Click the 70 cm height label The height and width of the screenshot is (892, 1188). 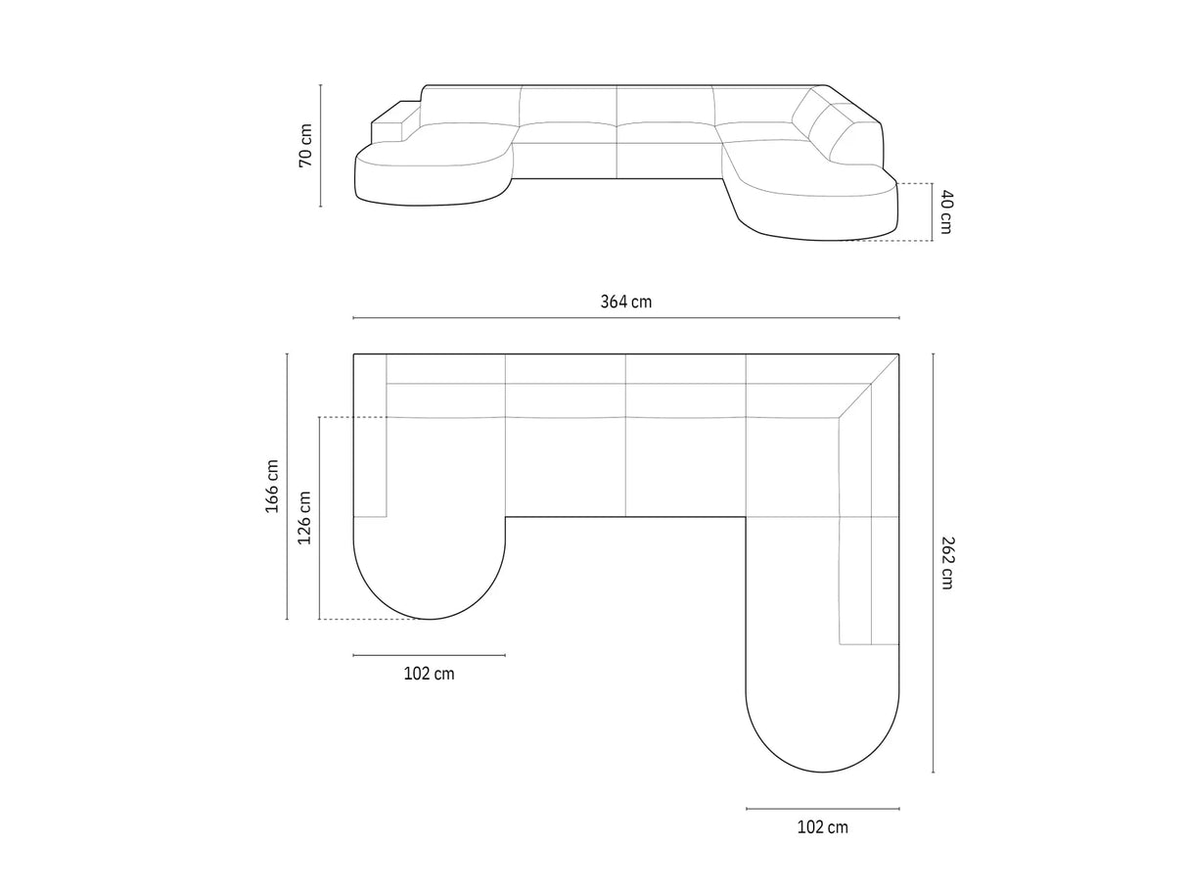pyautogui.click(x=305, y=146)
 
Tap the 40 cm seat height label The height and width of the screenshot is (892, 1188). pyautogui.click(x=944, y=211)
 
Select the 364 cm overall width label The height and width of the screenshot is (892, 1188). pyautogui.click(x=625, y=302)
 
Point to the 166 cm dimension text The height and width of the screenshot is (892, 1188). pyautogui.click(x=272, y=486)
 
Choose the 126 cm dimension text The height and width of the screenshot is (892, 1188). pyautogui.click(x=304, y=518)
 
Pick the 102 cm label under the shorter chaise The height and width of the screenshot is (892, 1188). pyautogui.click(x=429, y=674)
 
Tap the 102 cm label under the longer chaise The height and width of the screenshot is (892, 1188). pyautogui.click(x=822, y=827)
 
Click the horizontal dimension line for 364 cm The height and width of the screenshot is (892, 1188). pyautogui.click(x=625, y=318)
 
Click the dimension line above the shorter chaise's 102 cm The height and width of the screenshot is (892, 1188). pyautogui.click(x=429, y=655)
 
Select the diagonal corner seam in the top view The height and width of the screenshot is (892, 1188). pyautogui.click(x=869, y=386)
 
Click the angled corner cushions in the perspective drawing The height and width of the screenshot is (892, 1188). pyautogui.click(x=830, y=125)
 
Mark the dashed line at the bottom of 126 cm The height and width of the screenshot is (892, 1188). pyautogui.click(x=372, y=619)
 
